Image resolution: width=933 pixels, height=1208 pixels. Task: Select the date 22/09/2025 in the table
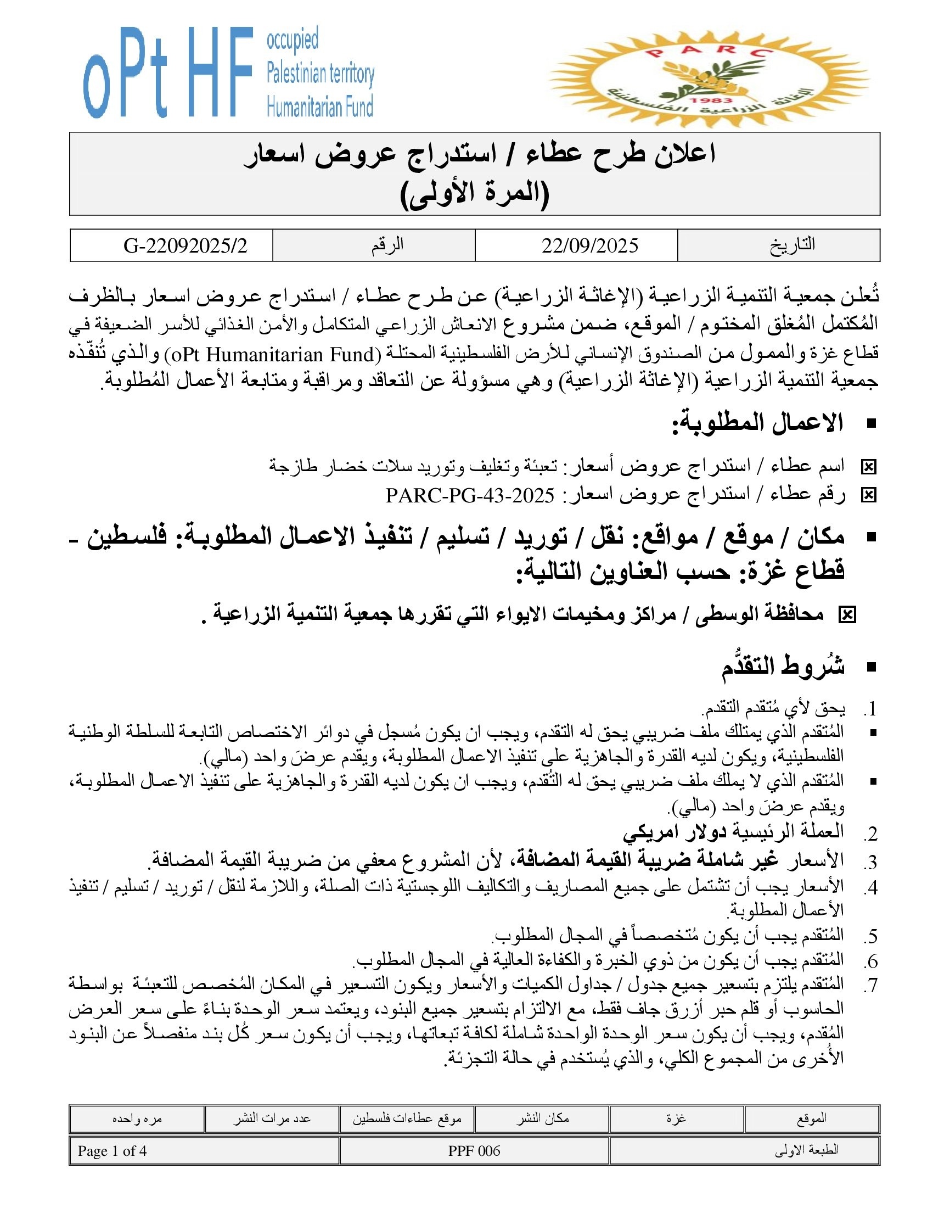[x=589, y=245]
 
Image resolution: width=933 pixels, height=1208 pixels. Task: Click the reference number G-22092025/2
[x=185, y=245]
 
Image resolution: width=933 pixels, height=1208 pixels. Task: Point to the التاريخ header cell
[x=792, y=245]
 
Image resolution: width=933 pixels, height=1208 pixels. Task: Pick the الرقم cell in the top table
[x=387, y=245]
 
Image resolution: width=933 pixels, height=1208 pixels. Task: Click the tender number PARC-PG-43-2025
[x=470, y=496]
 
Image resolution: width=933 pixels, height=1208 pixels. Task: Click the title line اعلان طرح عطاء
[x=480, y=154]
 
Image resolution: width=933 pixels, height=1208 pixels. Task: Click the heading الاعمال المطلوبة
[x=757, y=423]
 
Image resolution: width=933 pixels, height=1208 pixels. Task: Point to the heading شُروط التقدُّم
[x=783, y=667]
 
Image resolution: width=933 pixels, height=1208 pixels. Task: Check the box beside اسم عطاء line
[x=868, y=467]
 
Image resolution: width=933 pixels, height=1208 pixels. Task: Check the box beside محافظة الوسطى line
[x=847, y=615]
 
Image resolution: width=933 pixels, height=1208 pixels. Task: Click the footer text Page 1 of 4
[x=112, y=1151]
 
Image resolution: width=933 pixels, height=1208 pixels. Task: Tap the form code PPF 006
[x=474, y=1151]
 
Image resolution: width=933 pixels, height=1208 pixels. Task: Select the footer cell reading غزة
[x=676, y=1118]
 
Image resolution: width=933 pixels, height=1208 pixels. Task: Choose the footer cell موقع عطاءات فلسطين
[x=407, y=1118]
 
